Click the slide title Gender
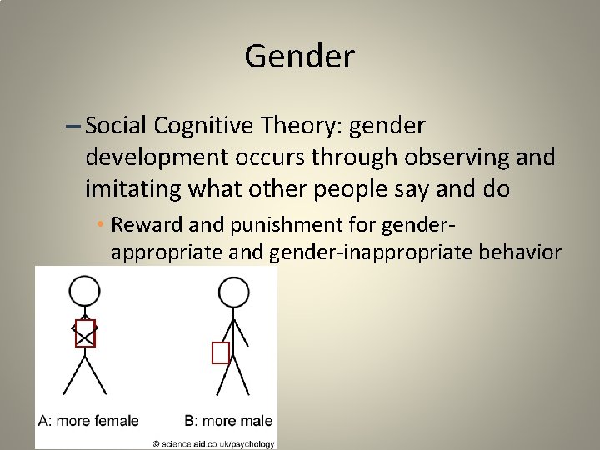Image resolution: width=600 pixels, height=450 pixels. [x=300, y=57]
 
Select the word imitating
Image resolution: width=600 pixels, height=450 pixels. [x=135, y=188]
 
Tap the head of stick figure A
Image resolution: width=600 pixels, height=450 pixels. [x=83, y=292]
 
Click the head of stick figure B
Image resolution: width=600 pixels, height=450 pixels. [x=233, y=292]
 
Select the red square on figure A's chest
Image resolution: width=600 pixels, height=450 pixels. [x=85, y=333]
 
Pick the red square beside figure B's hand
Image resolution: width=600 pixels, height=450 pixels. [x=220, y=352]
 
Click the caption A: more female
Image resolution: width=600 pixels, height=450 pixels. [x=88, y=421]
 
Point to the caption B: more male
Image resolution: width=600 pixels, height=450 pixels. [x=228, y=421]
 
